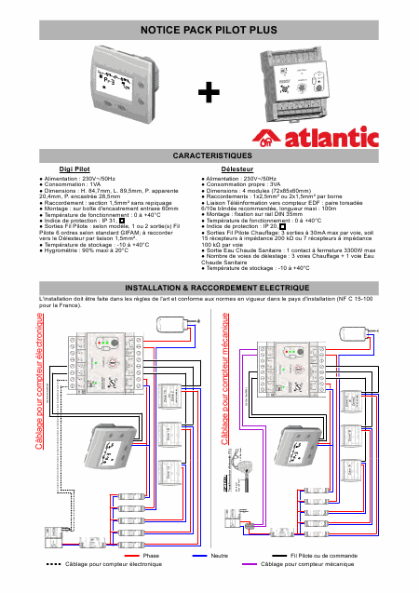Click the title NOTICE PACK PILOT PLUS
(x=209, y=31)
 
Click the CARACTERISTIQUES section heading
(x=209, y=154)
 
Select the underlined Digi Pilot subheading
(x=74, y=168)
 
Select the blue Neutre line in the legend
(x=198, y=555)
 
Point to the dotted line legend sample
(x=53, y=564)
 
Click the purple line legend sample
(x=248, y=564)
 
